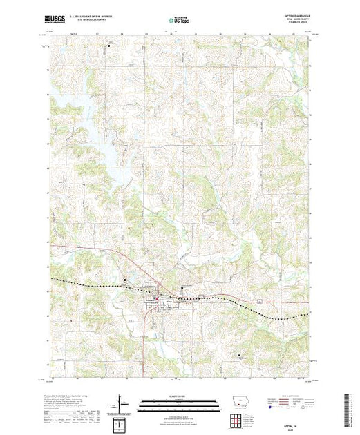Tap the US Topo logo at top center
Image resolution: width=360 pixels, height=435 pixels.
click(180, 21)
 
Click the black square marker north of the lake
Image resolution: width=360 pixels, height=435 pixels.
click(108, 46)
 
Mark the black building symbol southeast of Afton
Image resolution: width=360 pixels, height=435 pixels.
click(239, 356)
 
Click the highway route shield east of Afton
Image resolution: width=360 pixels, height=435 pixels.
click(258, 302)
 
